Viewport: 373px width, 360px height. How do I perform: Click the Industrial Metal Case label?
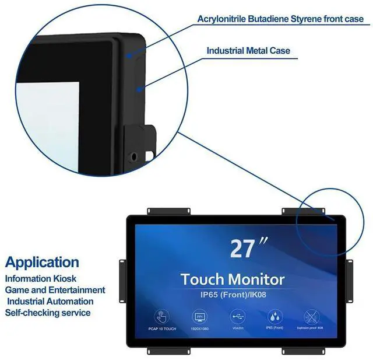point(248,51)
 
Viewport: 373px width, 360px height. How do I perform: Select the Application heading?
point(42,262)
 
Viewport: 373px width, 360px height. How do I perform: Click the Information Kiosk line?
point(41,279)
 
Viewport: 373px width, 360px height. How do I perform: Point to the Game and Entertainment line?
point(55,290)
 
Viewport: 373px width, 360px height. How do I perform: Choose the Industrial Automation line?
point(50,301)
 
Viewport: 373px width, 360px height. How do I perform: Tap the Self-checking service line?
point(48,312)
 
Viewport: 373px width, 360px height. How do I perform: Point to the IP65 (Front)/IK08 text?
point(233,293)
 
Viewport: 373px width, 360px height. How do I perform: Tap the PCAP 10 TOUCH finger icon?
point(161,317)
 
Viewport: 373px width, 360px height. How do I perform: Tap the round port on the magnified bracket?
point(135,156)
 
